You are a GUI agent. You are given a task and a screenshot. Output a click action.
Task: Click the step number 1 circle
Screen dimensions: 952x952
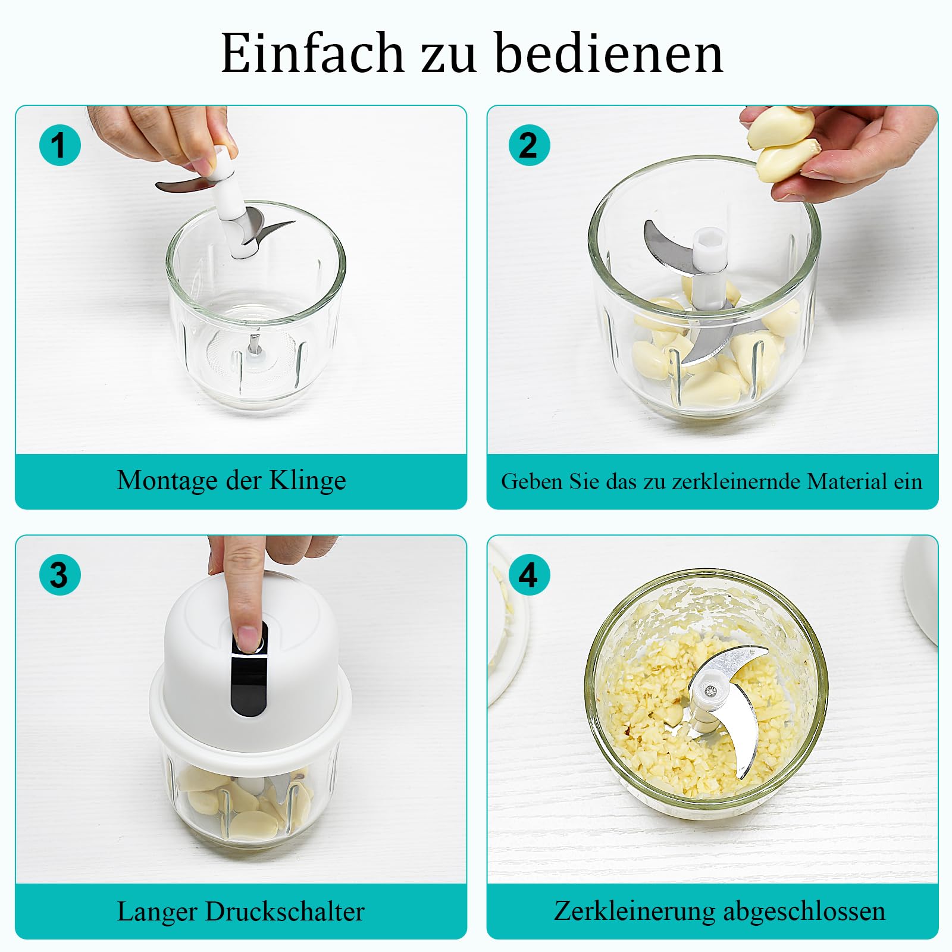tap(60, 145)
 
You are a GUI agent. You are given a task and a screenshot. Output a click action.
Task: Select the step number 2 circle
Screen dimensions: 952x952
tap(529, 145)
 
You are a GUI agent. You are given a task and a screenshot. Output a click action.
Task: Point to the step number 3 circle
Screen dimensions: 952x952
tap(60, 574)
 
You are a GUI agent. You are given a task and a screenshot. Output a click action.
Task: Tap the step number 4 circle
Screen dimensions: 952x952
tap(529, 574)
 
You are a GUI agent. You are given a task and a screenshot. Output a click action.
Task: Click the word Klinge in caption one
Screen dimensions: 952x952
tap(308, 481)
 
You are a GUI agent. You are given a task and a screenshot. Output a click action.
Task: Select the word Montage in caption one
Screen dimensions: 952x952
tap(168, 481)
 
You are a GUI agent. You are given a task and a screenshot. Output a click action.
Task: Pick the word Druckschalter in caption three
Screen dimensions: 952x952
tap(285, 912)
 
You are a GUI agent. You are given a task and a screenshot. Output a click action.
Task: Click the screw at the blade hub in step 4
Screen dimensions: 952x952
tap(710, 690)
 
